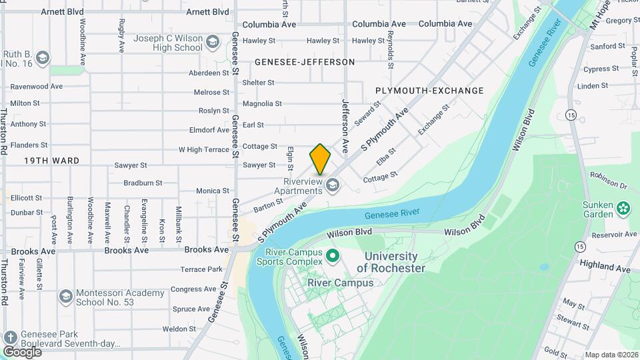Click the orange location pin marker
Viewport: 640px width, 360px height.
(320, 159)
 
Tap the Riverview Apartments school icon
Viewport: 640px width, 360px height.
(331, 183)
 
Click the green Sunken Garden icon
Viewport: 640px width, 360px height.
(623, 207)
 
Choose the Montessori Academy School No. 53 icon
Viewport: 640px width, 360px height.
(65, 295)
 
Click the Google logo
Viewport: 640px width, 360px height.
(22, 351)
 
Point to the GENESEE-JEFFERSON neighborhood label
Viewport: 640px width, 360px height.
(305, 62)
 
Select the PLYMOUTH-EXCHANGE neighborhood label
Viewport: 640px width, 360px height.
(429, 91)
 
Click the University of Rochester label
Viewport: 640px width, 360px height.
(391, 262)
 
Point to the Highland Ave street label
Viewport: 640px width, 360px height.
(605, 267)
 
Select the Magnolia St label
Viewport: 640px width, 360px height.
(262, 103)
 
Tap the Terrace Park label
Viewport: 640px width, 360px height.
(201, 269)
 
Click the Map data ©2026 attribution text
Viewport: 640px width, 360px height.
(611, 355)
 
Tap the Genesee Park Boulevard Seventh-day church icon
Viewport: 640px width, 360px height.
(9, 337)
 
